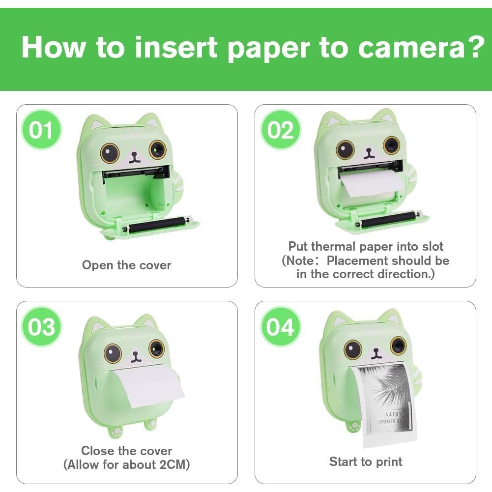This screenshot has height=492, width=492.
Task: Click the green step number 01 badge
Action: point(41,130)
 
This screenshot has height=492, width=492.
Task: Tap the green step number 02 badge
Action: point(280,130)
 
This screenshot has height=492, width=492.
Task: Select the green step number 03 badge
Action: point(41,327)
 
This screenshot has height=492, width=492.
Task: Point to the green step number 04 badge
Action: point(280,327)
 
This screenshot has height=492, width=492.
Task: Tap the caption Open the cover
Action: point(127,265)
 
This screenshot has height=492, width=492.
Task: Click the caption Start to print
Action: point(366,462)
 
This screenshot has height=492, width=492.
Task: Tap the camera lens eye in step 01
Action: point(158,149)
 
